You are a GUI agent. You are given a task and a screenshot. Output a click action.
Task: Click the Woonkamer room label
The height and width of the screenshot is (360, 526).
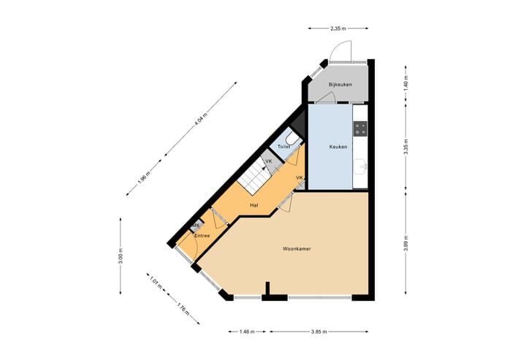[297, 249]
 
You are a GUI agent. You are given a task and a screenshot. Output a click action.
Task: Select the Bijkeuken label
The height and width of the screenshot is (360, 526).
[340, 85]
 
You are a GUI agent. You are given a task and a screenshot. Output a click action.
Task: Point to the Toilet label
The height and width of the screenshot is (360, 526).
[284, 147]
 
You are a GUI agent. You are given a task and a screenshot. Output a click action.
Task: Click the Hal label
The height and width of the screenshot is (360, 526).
[254, 205]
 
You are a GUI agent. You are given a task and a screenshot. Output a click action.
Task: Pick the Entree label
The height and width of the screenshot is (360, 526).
[202, 235]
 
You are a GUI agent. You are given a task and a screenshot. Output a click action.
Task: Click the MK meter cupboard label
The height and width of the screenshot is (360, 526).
[196, 226]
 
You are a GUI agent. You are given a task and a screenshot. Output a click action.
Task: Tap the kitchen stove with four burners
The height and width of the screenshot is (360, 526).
[360, 129]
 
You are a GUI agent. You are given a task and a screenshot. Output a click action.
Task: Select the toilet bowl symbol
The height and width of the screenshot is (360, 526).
[291, 138]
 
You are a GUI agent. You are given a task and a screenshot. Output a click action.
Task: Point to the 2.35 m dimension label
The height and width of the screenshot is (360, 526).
[338, 28]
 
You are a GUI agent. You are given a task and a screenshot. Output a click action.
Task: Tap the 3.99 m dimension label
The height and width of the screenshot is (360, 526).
[405, 243]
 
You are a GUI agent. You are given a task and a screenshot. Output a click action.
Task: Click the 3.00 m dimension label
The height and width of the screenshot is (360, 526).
[121, 258]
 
